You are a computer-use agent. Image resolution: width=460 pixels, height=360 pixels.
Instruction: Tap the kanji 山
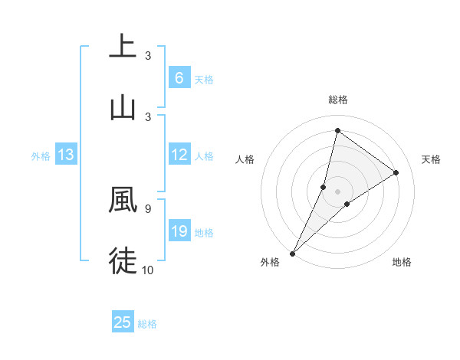[123, 108]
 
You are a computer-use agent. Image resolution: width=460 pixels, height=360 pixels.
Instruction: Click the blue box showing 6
[179, 78]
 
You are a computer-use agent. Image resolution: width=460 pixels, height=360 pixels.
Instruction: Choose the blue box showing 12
[179, 155]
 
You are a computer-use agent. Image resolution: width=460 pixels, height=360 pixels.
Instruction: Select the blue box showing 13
[65, 155]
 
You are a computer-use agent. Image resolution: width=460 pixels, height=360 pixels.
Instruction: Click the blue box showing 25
[122, 322]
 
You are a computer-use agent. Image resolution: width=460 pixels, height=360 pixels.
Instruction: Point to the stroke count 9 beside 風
[147, 208]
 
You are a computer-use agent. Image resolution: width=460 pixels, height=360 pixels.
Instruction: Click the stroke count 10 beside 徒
[148, 269]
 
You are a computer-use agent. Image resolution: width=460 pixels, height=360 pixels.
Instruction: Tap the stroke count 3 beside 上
[147, 56]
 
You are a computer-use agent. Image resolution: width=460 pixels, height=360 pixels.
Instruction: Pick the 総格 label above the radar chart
[337, 100]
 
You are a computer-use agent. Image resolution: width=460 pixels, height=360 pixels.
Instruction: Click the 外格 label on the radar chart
[270, 262]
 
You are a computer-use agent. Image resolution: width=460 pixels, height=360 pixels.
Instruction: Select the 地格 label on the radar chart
[402, 262]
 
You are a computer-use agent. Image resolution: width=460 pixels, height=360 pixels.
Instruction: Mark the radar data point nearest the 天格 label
[396, 172]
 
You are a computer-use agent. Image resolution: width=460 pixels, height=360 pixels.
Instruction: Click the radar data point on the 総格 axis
[337, 130]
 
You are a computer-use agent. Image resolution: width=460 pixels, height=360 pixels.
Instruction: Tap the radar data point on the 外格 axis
[292, 253]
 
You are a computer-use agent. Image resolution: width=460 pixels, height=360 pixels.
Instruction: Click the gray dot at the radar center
[337, 191]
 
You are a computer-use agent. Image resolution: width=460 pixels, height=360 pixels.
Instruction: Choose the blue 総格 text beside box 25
[147, 324]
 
